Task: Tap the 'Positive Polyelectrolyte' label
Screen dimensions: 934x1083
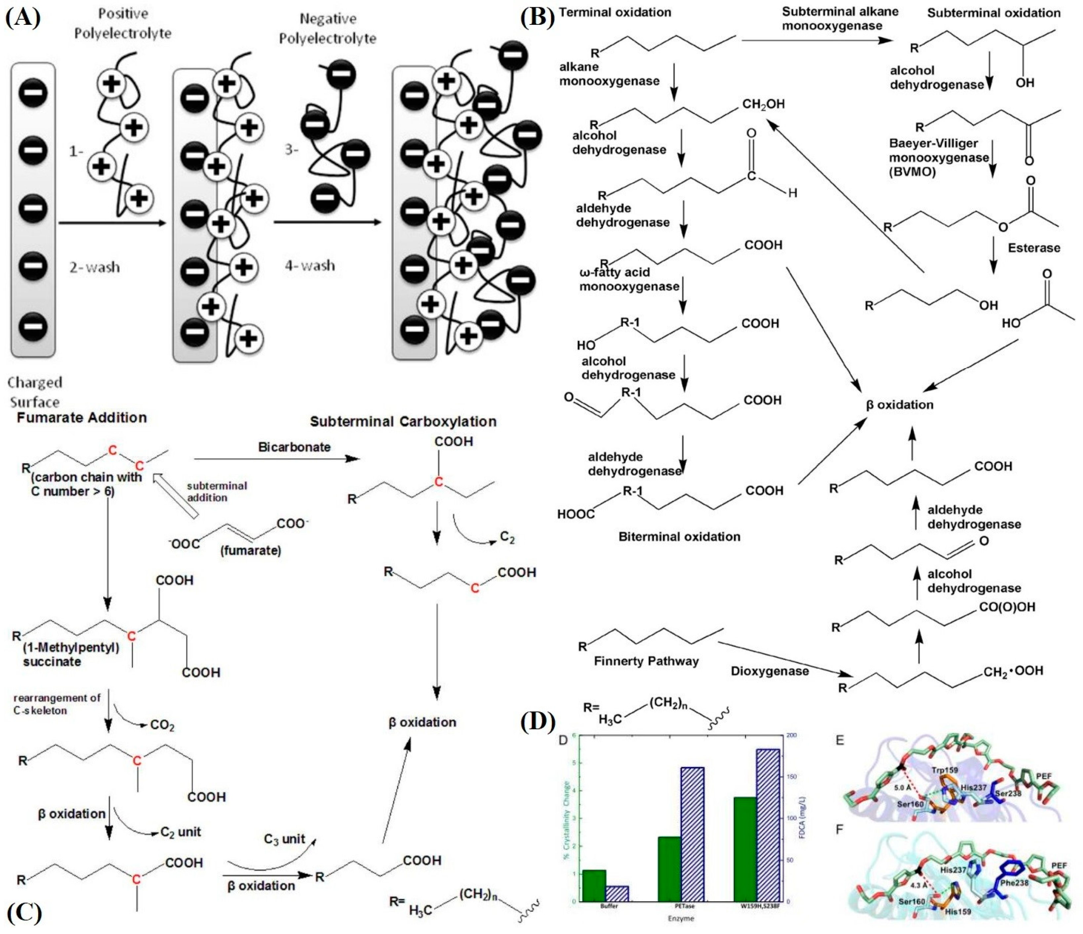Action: click(x=123, y=23)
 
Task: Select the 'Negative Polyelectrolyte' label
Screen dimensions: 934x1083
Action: click(x=328, y=29)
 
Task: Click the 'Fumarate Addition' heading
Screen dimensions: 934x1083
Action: click(x=82, y=418)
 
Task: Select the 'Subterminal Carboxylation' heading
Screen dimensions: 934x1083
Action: click(x=403, y=422)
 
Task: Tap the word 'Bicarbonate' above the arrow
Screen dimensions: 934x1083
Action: click(x=294, y=447)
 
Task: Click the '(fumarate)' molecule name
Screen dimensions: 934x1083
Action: click(x=250, y=550)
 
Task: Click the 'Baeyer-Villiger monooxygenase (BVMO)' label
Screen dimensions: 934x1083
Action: click(x=939, y=157)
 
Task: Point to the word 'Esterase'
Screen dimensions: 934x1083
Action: click(x=1034, y=248)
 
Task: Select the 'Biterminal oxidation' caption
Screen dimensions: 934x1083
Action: click(x=679, y=537)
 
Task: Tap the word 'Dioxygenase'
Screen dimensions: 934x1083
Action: click(x=769, y=671)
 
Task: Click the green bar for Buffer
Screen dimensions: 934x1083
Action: click(x=594, y=885)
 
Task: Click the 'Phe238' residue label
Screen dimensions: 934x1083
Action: click(x=1014, y=883)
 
